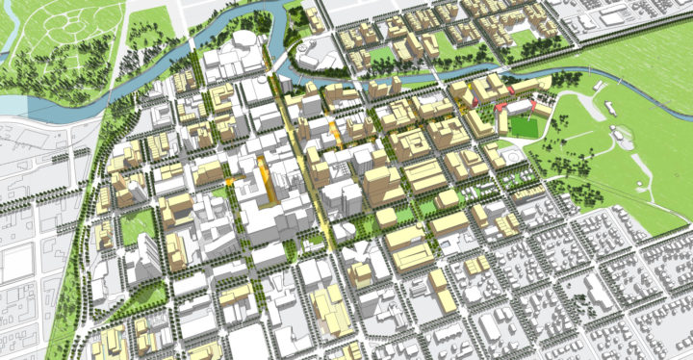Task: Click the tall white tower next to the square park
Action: coord(146,256)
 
